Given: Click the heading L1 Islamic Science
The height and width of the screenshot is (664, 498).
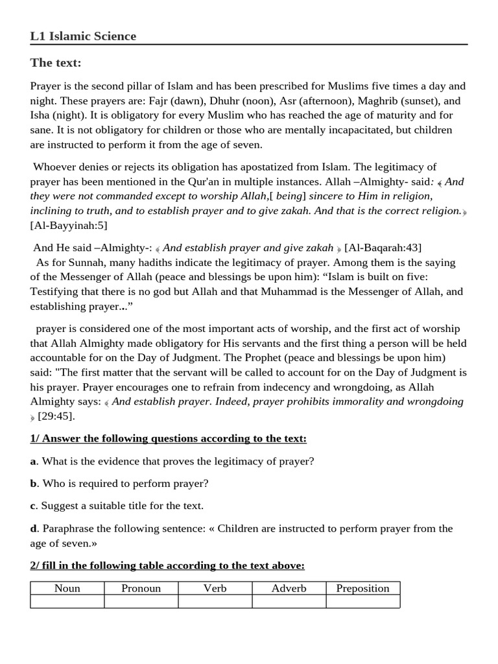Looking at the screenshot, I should [x=83, y=36].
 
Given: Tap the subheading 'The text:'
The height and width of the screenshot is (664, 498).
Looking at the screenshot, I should [x=55, y=63].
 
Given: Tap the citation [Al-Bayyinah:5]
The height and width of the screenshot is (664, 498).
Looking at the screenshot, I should [x=69, y=225].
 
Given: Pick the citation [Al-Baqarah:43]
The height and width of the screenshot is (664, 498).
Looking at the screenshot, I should [x=383, y=248].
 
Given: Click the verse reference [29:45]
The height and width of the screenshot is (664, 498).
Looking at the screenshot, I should [x=56, y=416].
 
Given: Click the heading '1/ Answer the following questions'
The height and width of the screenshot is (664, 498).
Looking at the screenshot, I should [x=168, y=439].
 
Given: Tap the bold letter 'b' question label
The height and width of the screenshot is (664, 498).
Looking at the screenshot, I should [x=33, y=484].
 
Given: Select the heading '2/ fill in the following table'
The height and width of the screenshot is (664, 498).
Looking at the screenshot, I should [x=167, y=566].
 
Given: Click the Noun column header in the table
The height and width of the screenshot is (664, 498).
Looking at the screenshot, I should [x=67, y=589].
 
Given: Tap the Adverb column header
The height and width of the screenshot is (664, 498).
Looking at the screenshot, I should [x=289, y=589].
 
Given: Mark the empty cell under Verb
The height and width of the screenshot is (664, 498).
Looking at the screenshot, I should [x=215, y=602].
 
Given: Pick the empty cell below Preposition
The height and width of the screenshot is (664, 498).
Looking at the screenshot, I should [x=362, y=602].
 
